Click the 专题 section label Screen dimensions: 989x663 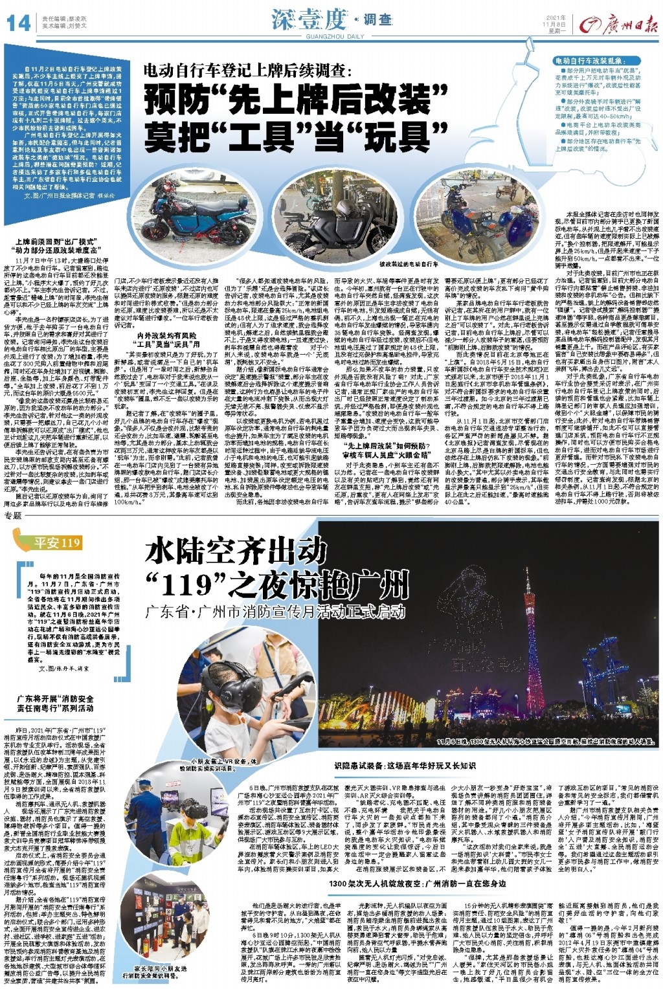(13, 515)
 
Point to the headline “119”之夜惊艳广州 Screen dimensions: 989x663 (277, 586)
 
